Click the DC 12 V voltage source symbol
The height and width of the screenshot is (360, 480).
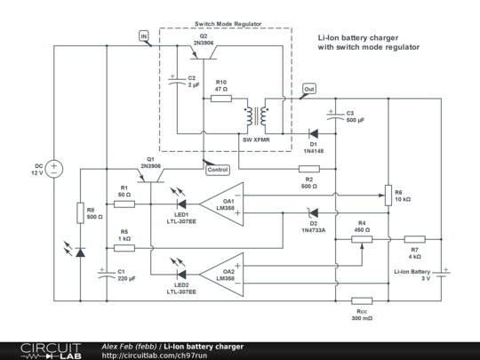[x=53, y=168]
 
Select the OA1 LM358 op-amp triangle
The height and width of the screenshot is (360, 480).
[x=220, y=204]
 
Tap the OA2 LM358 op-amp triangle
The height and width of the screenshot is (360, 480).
[x=220, y=273]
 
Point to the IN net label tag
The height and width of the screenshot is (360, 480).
[x=144, y=36]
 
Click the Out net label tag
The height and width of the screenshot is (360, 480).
[x=308, y=90]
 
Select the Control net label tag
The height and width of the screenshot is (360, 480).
[x=216, y=169]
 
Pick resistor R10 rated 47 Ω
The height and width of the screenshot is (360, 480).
[x=221, y=99]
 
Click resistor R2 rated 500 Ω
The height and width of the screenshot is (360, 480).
[x=308, y=168]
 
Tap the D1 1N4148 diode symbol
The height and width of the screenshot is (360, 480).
[x=314, y=133]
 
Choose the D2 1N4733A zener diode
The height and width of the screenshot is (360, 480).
[x=312, y=212]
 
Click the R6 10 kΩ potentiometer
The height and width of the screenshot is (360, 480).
[x=388, y=195]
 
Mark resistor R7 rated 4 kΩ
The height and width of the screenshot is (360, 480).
[x=415, y=238]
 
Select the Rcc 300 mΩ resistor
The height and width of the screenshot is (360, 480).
[x=362, y=300]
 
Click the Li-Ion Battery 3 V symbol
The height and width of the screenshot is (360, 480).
[x=442, y=274]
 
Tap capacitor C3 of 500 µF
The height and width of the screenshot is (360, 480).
[x=335, y=116]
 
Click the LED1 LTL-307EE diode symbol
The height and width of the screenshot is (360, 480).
[x=181, y=204]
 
